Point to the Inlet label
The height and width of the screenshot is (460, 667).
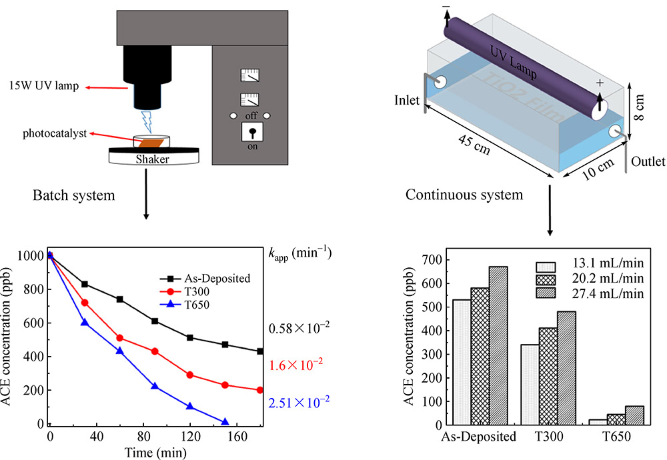pos(406,101)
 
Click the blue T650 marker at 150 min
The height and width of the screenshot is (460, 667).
pos(225,422)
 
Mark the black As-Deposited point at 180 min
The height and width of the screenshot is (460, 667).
pos(259,351)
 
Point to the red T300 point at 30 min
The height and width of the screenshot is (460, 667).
pos(85,303)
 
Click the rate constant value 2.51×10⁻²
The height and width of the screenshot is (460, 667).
pos(299,402)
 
